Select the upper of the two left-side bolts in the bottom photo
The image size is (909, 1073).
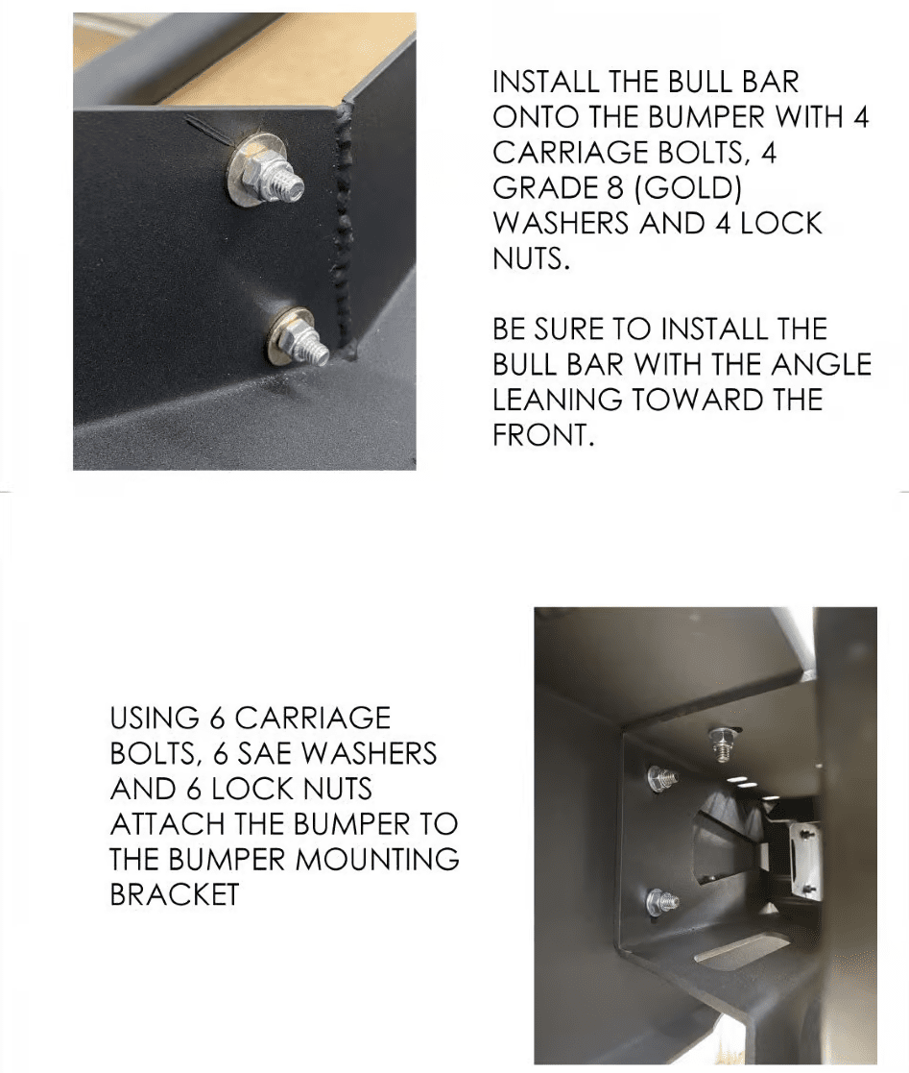[x=661, y=778]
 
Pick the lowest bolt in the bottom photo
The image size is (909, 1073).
[x=662, y=903]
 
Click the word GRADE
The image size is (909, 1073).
[x=546, y=188]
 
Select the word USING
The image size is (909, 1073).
[x=154, y=718]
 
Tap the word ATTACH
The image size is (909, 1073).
[x=167, y=824]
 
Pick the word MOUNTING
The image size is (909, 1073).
[x=374, y=860]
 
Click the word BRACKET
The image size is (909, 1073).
[x=175, y=895]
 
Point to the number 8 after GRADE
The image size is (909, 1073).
[x=615, y=188]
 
